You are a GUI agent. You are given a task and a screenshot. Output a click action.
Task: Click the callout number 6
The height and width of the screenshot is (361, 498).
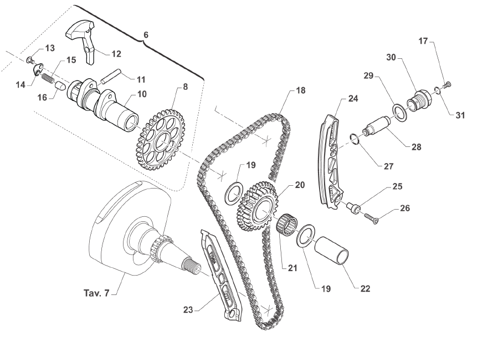(x=146, y=34)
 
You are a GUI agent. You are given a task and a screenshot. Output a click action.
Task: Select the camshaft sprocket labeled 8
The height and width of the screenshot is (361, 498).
(x=160, y=141)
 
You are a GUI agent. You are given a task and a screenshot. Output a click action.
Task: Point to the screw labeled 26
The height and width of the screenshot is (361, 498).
(x=369, y=218)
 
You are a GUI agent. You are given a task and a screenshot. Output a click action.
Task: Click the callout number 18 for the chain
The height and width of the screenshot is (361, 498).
(x=300, y=90)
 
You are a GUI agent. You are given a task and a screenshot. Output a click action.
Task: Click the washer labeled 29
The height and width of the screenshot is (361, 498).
(x=400, y=113)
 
